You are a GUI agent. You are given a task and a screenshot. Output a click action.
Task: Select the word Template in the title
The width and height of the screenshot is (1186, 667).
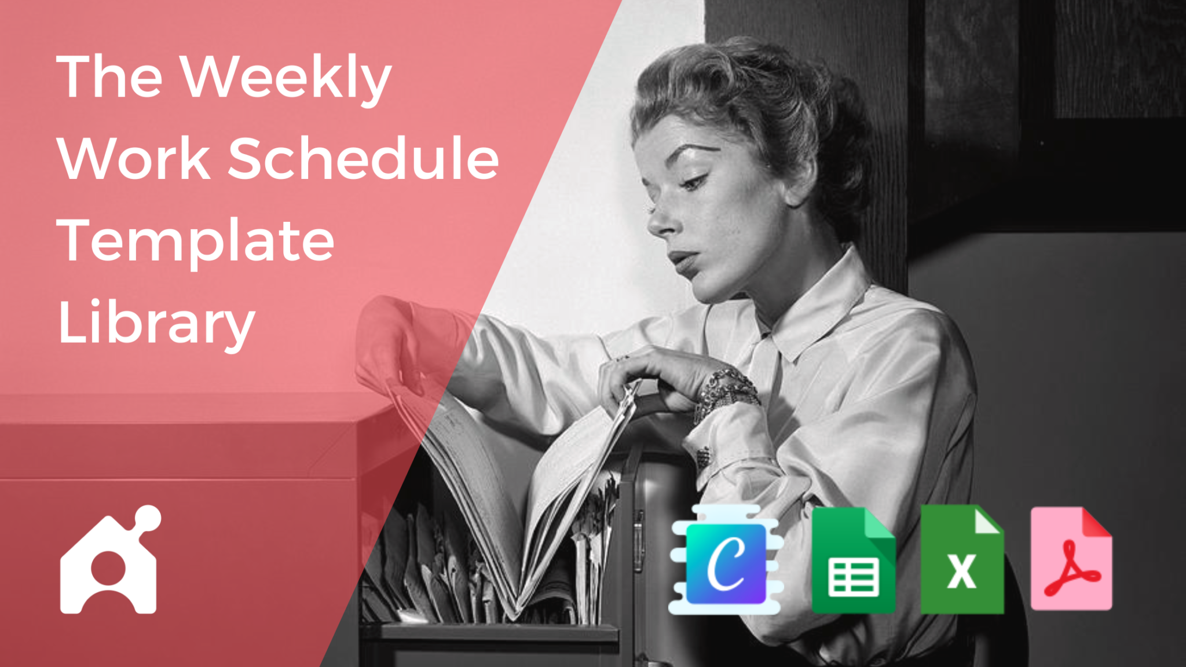pos(196,240)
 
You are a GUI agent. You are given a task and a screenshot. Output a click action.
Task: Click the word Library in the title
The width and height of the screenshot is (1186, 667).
pos(156,323)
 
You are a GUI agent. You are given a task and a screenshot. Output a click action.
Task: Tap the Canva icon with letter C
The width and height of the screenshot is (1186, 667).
pos(726,562)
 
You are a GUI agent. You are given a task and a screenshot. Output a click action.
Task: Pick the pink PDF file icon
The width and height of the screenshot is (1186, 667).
pos(1071,559)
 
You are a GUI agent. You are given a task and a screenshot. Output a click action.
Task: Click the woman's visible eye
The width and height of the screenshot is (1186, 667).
pos(695,182)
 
